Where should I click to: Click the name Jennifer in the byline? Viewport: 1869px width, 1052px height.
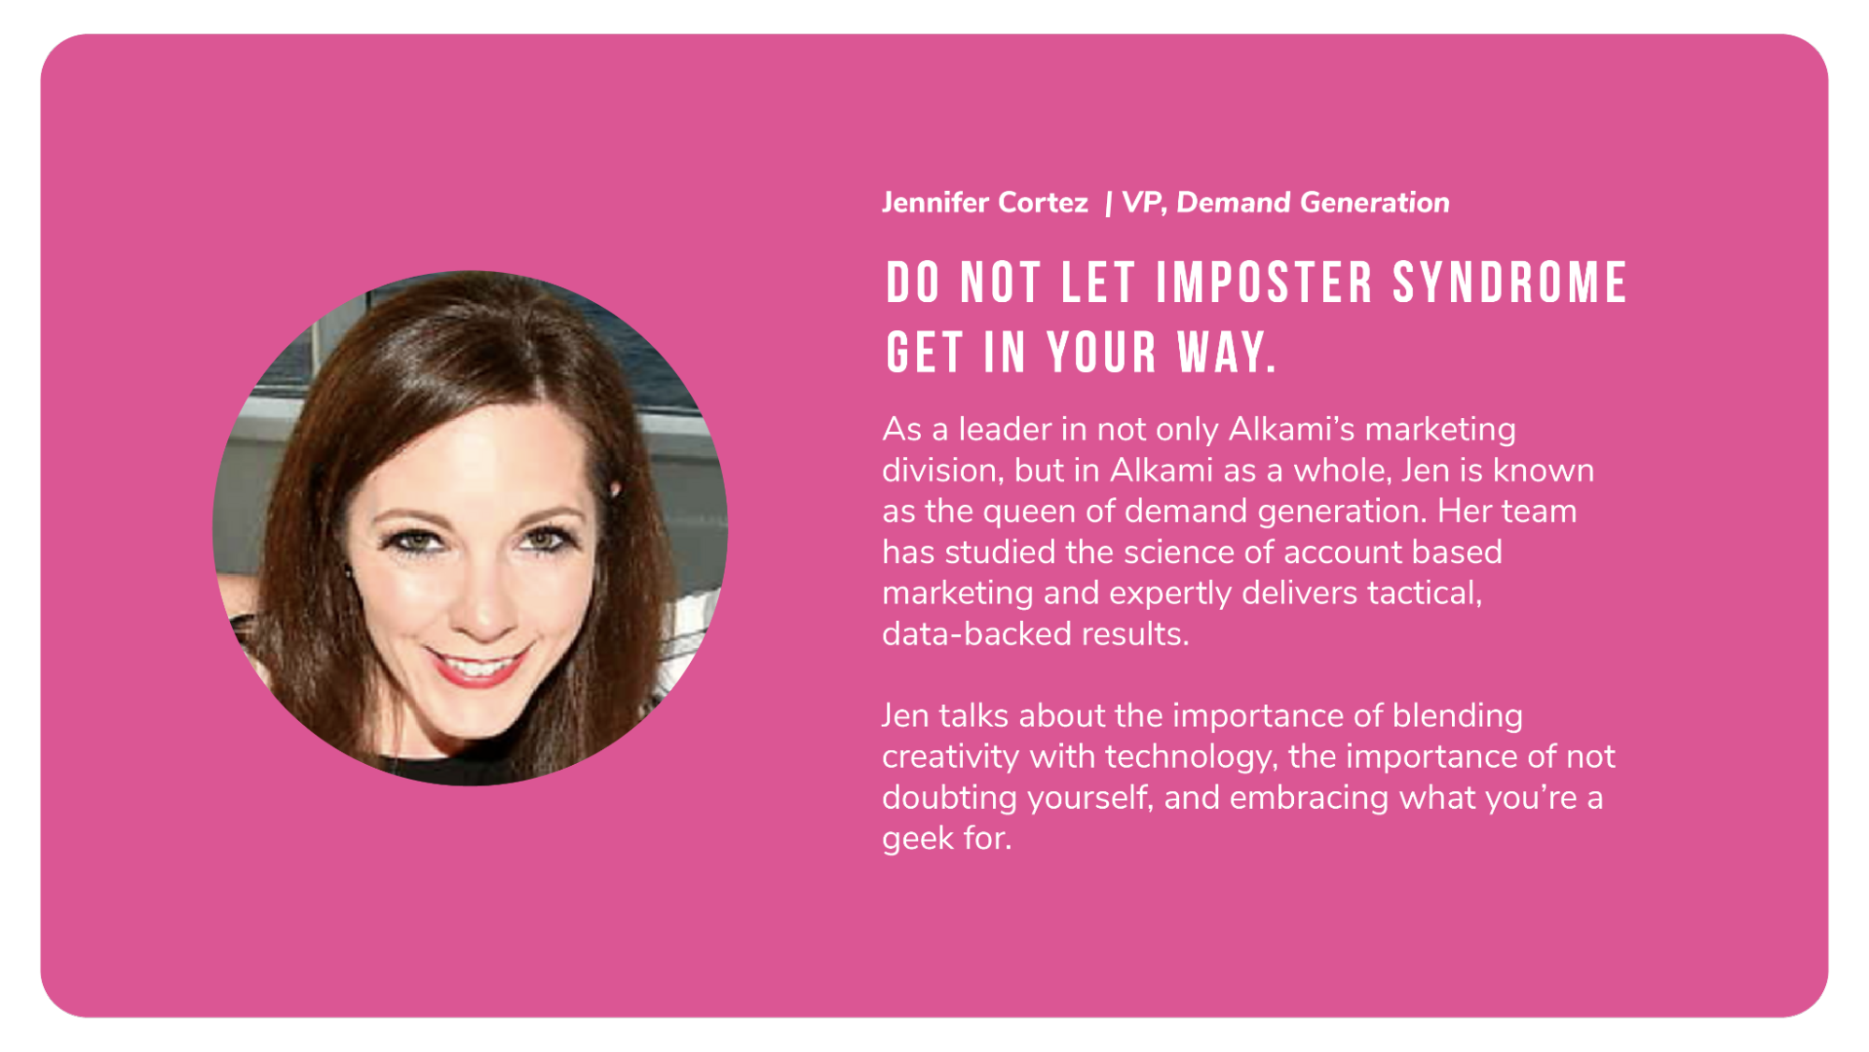936,203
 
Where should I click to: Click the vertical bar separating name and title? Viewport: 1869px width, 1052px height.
1108,204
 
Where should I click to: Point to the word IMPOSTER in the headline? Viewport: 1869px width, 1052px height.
1265,283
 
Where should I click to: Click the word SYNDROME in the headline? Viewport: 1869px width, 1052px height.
1510,283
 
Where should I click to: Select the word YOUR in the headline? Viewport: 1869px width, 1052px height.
1102,353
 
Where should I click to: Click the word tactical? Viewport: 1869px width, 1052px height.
1425,594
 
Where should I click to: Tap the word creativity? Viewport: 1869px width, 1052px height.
950,757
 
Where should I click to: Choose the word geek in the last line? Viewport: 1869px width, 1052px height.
915,840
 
